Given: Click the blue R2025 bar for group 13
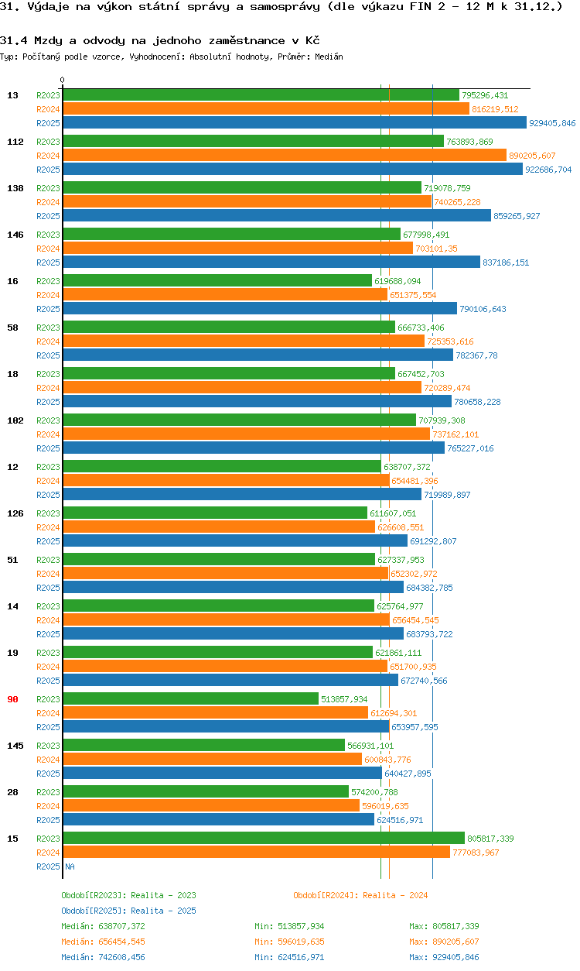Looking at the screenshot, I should click(x=294, y=123).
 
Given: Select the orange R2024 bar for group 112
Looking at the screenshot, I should click(x=284, y=156).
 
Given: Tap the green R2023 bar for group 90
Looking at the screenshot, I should click(x=190, y=699).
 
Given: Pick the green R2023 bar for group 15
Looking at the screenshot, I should click(x=263, y=839).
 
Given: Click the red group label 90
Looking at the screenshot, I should click(x=13, y=699).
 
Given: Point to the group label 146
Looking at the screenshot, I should click(x=15, y=235).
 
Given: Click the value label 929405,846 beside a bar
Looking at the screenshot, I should click(x=552, y=123).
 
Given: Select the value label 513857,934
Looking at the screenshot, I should click(x=344, y=699).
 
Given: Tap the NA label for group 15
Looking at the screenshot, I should click(x=70, y=866).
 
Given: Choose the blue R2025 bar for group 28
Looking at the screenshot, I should click(x=218, y=820).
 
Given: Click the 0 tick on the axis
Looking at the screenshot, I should click(x=63, y=80).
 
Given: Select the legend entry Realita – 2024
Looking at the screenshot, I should click(x=360, y=895).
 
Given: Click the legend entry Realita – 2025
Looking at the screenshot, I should click(x=128, y=911).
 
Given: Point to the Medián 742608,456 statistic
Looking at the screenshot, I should click(x=103, y=957).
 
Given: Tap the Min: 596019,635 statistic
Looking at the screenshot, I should click(x=289, y=942).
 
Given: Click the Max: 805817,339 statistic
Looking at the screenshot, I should click(x=444, y=926).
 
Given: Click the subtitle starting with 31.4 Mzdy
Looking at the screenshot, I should click(x=160, y=40).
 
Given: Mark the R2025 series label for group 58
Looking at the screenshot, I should click(x=48, y=355).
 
